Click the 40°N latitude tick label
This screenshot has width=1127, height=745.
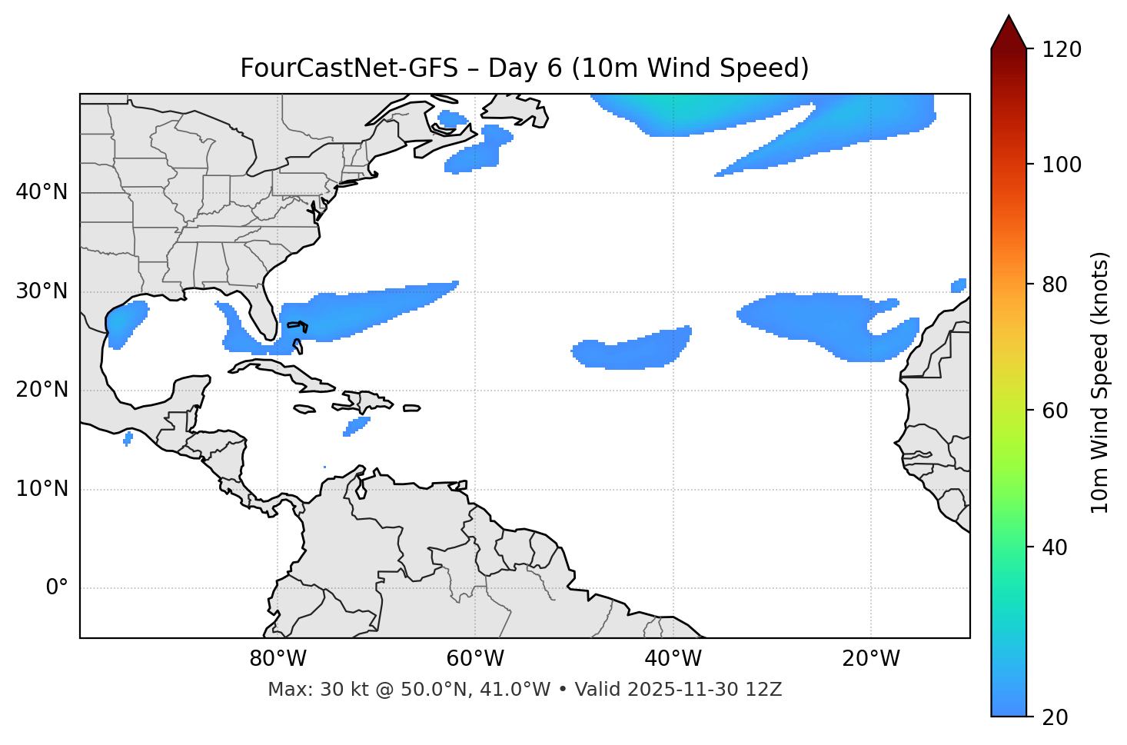coord(42,192)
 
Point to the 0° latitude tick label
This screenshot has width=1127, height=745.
coord(57,588)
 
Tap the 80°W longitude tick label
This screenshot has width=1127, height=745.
coord(278,659)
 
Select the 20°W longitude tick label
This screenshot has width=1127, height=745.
coord(871,659)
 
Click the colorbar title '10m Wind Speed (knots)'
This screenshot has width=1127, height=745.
coord(1100,382)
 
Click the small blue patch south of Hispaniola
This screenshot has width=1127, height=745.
coord(357,426)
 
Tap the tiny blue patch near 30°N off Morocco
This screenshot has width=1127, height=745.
coord(959,286)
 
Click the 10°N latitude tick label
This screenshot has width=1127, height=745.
coord(42,489)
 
